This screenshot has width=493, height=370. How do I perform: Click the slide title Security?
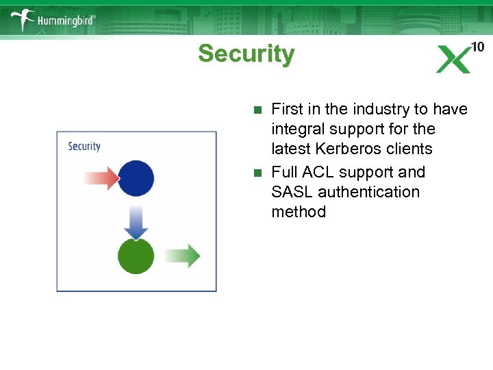[x=246, y=53]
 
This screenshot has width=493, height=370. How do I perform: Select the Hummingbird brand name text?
[x=66, y=21]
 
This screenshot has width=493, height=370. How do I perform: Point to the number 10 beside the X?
[x=477, y=47]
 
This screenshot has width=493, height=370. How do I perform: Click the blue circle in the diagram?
[x=136, y=178]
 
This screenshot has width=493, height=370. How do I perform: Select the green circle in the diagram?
[x=136, y=256]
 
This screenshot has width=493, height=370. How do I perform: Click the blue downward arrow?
[x=136, y=221]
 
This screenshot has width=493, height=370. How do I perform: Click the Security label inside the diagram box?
[x=84, y=146]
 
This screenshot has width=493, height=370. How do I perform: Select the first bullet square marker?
[x=257, y=110]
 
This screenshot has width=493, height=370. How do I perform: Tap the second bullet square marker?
[x=257, y=173]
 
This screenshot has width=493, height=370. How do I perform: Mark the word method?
[x=299, y=212]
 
